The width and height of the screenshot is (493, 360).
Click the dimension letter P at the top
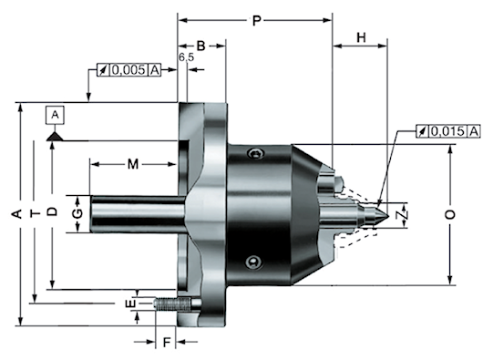257,21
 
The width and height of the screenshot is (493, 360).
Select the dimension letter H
361,37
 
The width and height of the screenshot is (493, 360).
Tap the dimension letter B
200,46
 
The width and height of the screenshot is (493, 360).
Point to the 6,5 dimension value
187,57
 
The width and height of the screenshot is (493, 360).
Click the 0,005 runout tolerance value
128,70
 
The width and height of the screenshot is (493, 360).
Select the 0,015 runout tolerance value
447,131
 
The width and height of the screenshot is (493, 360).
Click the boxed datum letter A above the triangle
55,115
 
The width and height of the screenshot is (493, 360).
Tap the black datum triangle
55,137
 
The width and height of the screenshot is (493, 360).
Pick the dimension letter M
133,164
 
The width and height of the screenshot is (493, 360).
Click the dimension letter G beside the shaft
77,213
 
